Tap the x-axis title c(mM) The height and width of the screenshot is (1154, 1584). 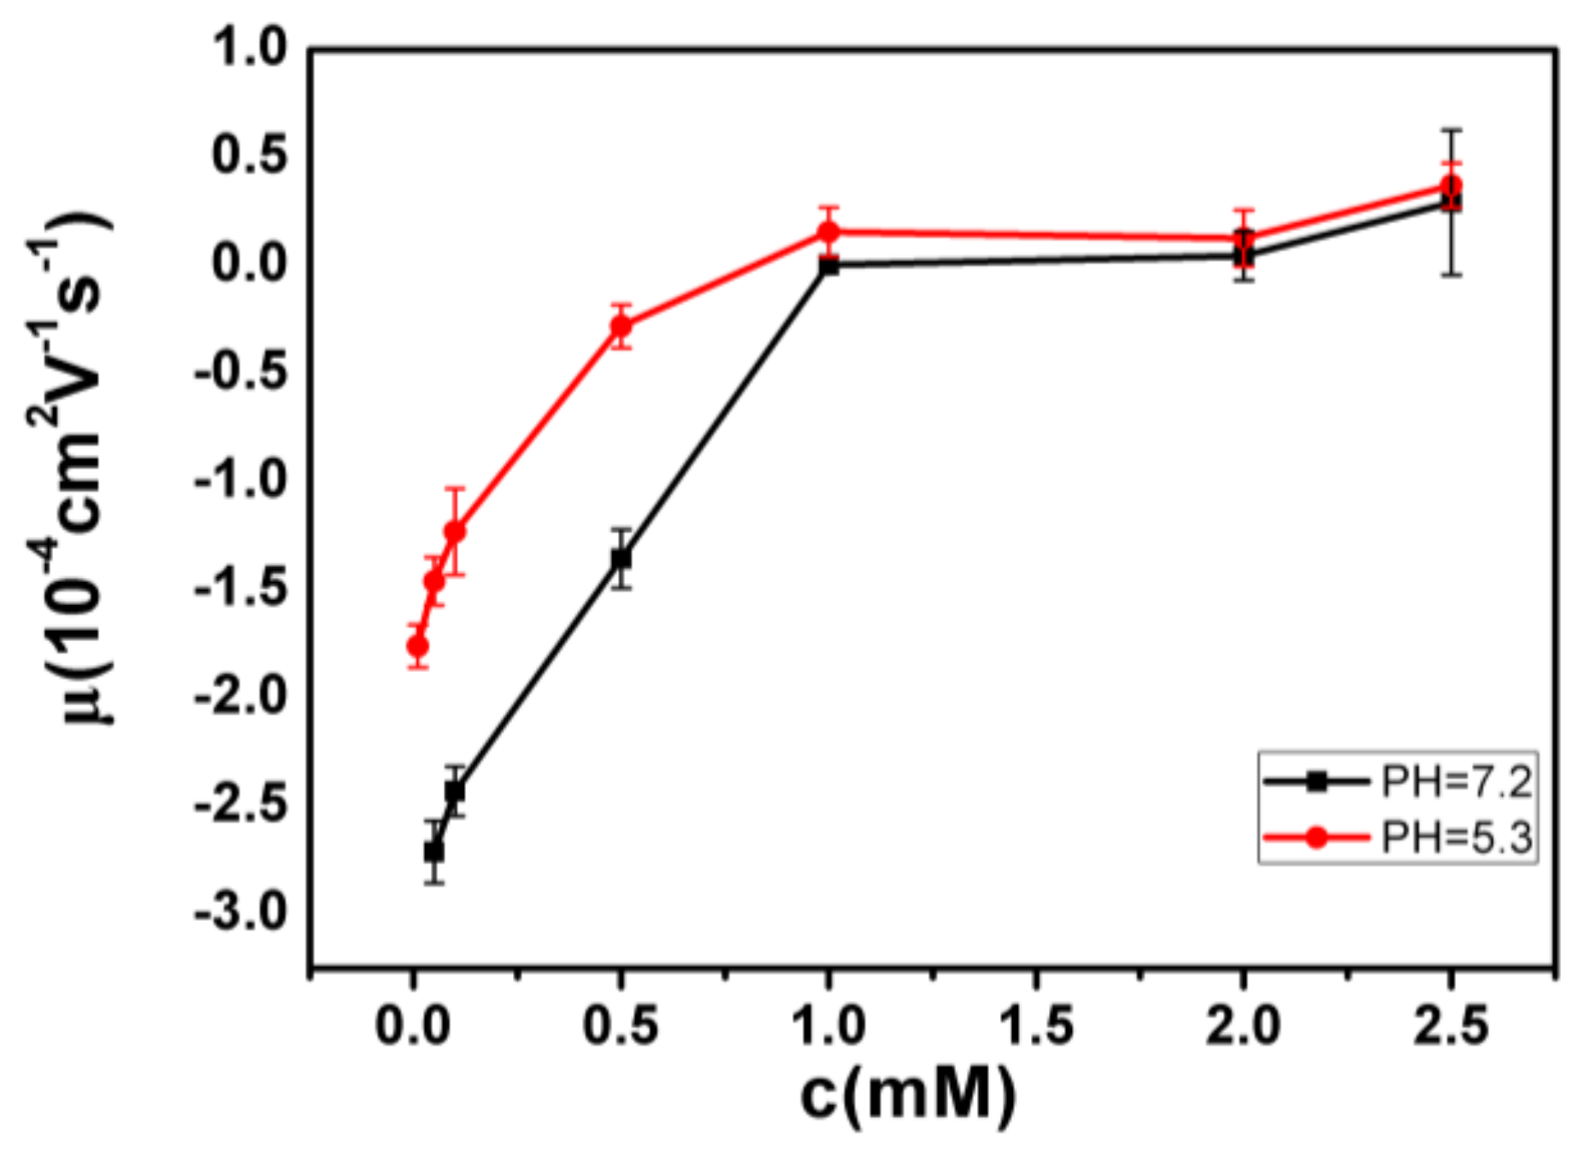point(908,1094)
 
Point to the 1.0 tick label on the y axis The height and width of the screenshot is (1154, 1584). point(249,47)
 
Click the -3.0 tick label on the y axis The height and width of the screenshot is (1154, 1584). point(241,912)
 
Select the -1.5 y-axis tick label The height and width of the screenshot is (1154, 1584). point(241,588)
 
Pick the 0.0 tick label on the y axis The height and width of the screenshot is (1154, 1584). point(249,263)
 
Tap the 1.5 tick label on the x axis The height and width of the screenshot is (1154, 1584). point(1035,1023)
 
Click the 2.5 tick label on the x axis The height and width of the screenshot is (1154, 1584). point(1450,1023)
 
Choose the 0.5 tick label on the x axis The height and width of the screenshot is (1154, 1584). point(620,1023)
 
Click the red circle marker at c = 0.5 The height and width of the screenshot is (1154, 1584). point(621,326)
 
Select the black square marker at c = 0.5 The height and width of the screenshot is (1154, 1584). point(621,559)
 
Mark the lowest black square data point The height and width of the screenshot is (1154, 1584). point(434,851)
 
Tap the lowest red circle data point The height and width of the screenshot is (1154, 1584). point(417,646)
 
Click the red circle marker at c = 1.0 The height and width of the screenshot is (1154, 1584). point(828,231)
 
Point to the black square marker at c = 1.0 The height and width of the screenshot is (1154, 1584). point(828,266)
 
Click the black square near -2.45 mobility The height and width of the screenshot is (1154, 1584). point(455,792)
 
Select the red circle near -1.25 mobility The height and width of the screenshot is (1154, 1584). point(455,532)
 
